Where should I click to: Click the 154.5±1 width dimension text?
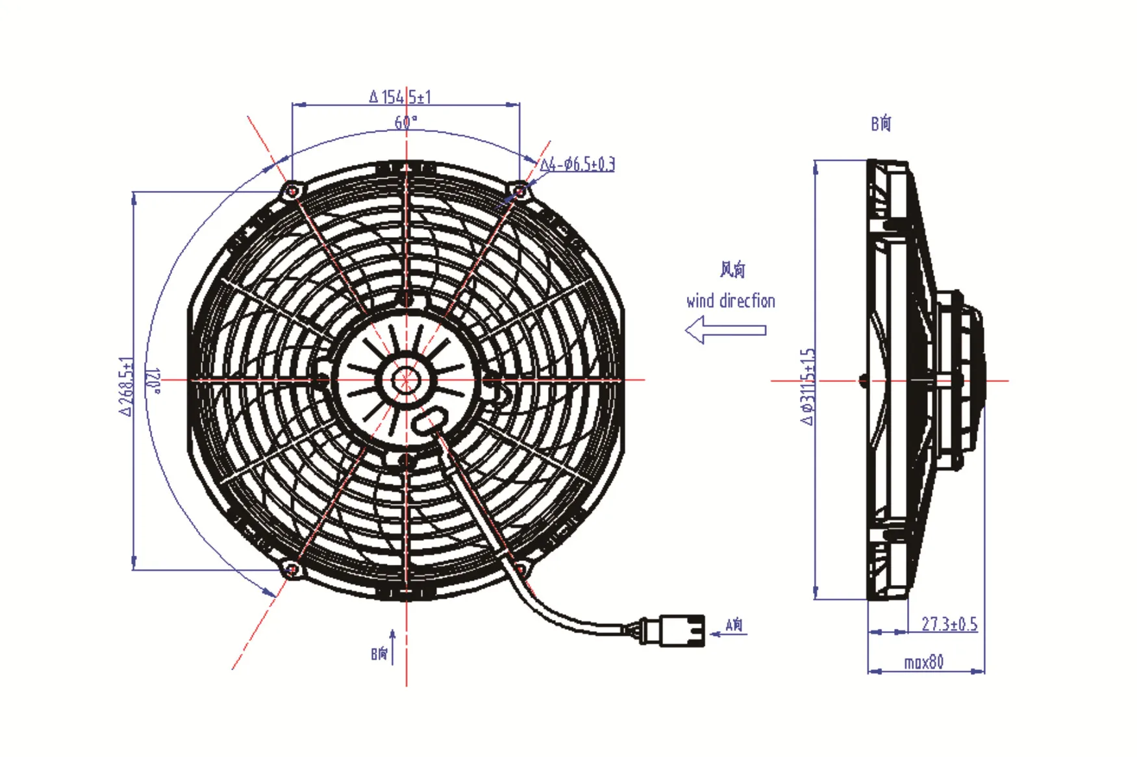coord(400,97)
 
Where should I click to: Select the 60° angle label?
coord(405,121)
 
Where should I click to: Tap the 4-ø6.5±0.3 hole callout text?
coord(578,164)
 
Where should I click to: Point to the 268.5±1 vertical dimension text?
coord(127,386)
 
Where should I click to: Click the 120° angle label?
coord(153,381)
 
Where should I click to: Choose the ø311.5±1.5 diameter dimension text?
coord(807,386)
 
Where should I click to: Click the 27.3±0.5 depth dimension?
coord(949,624)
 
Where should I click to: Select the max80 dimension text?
coord(923,662)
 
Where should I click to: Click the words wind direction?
coord(731,301)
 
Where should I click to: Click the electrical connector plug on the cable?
coord(676,630)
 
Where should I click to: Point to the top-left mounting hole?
coord(292,191)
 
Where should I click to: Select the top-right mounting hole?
coord(520,190)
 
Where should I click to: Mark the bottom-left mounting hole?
coord(292,569)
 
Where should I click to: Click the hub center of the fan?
coord(406,380)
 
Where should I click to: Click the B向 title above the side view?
coord(881,123)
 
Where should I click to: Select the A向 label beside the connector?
coord(734,625)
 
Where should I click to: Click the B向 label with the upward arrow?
coord(380,652)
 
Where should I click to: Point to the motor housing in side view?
coord(961,380)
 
